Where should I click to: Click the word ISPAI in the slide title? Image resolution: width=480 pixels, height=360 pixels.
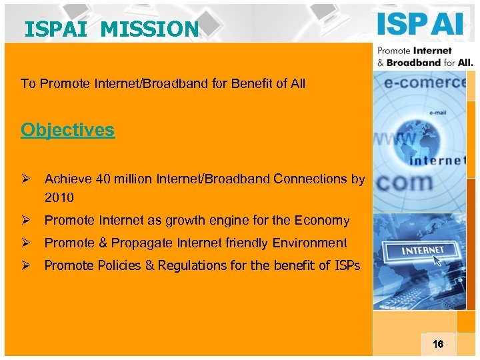(50, 29)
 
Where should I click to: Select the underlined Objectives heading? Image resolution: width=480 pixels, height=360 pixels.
(67, 130)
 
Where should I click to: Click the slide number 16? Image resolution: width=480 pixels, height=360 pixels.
(437, 345)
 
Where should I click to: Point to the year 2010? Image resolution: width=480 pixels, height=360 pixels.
(59, 198)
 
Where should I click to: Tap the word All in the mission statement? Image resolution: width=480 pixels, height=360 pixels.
(297, 84)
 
